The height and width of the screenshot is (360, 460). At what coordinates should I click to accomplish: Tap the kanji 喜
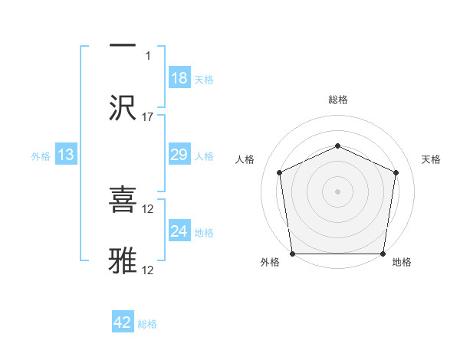(123, 201)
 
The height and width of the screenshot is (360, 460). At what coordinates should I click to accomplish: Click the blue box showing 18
(179, 78)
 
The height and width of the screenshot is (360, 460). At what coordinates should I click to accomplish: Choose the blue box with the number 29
(179, 155)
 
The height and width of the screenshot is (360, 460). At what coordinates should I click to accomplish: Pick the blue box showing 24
(179, 231)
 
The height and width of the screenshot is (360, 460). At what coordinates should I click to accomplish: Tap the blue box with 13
(66, 155)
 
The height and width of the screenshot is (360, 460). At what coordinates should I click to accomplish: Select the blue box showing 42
(123, 322)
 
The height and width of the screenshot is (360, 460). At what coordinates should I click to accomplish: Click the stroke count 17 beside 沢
(148, 117)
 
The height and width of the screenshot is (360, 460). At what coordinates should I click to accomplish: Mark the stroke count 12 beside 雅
(149, 270)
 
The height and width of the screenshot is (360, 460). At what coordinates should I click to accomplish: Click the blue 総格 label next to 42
(147, 324)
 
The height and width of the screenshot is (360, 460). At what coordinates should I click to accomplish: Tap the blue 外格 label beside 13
(41, 156)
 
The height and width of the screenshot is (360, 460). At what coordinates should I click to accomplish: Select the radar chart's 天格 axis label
(431, 159)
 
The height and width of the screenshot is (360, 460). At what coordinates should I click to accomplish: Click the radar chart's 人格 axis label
(245, 159)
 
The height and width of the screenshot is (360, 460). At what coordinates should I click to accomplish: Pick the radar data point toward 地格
(383, 254)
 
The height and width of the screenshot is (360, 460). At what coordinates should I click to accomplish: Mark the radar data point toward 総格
(337, 146)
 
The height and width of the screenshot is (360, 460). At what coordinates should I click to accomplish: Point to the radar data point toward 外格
(293, 254)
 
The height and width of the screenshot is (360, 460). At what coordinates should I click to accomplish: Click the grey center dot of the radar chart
(337, 191)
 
